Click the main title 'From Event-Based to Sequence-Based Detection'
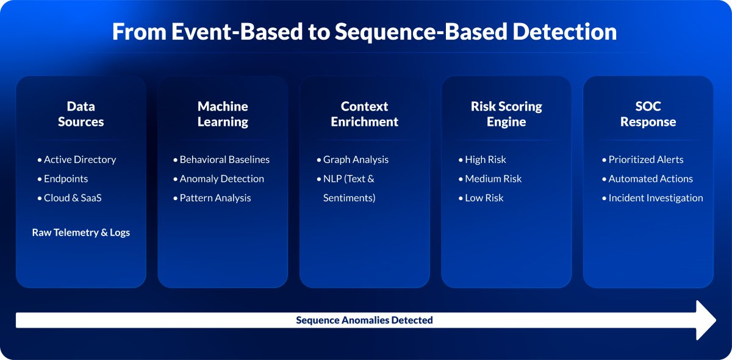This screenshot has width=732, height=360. tap(364, 32)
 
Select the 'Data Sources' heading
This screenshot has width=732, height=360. tap(81, 113)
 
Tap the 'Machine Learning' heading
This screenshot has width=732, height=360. tap(223, 113)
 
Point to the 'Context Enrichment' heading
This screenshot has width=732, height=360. tap(364, 113)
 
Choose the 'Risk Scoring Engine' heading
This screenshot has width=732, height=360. tap(506, 113)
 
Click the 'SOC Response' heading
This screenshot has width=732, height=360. tap(648, 113)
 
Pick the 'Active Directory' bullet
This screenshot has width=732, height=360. tap(76, 160)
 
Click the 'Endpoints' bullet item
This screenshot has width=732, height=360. tap(62, 179)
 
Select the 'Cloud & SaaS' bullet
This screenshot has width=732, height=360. tap(70, 198)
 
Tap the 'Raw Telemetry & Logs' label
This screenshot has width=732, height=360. tap(81, 232)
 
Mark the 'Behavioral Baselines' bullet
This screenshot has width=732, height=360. tap(221, 160)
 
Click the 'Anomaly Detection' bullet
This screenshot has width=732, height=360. tap(218, 179)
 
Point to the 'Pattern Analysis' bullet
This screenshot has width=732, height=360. tap(212, 198)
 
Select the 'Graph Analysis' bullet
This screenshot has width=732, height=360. tap(353, 160)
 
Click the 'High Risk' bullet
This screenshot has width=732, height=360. tap(482, 160)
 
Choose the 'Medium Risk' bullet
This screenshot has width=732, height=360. tap(490, 179)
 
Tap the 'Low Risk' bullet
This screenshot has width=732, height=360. tap(481, 198)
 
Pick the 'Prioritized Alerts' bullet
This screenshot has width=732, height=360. tap(642, 160)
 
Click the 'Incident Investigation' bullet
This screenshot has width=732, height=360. tap(652, 198)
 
